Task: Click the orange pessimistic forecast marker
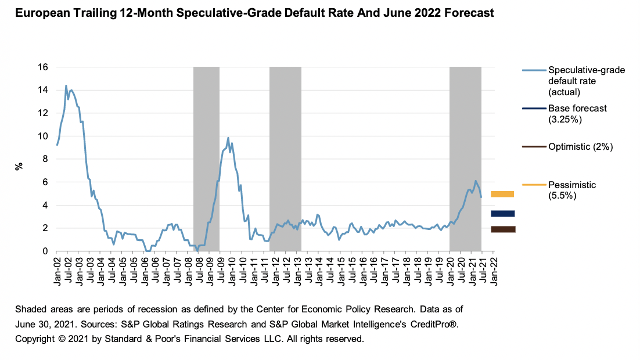pyautogui.click(x=502, y=194)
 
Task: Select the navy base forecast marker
pyautogui.click(x=502, y=214)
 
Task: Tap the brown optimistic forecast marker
pyautogui.click(x=502, y=229)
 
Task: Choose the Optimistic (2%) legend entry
pyautogui.click(x=580, y=146)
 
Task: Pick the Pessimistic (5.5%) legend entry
pyautogui.click(x=572, y=190)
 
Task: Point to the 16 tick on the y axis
pyautogui.click(x=43, y=67)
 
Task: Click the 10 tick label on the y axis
pyautogui.click(x=43, y=136)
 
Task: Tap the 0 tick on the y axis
pyautogui.click(x=45, y=251)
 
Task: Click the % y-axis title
pyautogui.click(x=19, y=165)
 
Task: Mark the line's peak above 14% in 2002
pyautogui.click(x=66, y=86)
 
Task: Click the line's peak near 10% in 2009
pyautogui.click(x=228, y=138)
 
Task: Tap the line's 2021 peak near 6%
pyautogui.click(x=475, y=181)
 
